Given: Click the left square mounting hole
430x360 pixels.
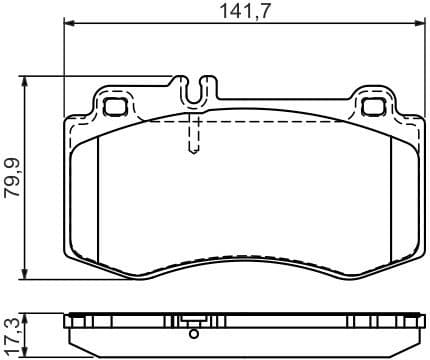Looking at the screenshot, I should pyautogui.click(x=113, y=104).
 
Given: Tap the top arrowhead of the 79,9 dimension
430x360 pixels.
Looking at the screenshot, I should pyautogui.click(x=26, y=81).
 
